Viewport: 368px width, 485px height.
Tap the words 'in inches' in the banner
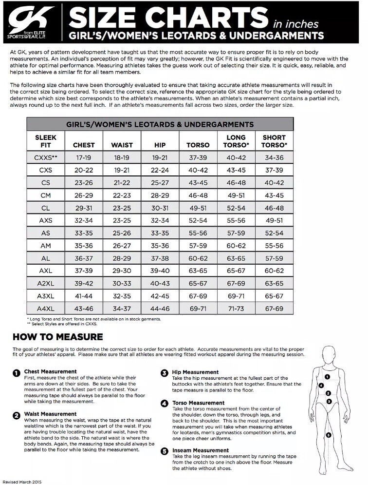[x=295, y=23]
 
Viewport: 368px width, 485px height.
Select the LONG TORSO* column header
[x=236, y=141]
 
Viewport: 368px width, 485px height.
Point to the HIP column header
[x=160, y=145]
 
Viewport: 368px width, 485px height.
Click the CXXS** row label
[x=46, y=157]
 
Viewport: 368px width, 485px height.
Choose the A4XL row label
[x=46, y=308]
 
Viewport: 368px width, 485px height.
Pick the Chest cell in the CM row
[x=84, y=195]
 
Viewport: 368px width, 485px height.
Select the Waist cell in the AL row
[x=122, y=258]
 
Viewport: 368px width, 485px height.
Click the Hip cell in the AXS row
[x=160, y=220]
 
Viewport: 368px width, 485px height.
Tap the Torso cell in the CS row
[x=198, y=182]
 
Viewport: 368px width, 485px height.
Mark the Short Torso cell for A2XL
[x=274, y=283]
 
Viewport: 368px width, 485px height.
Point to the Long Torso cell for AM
[x=236, y=245]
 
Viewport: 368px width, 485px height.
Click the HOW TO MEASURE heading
[x=57, y=336]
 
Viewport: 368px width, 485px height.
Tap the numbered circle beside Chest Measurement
[x=17, y=372]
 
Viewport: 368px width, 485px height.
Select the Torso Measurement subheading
[x=198, y=403]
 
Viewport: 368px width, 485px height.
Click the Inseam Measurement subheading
[x=200, y=450]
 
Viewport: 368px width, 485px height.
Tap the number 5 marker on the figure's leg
[x=329, y=435]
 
